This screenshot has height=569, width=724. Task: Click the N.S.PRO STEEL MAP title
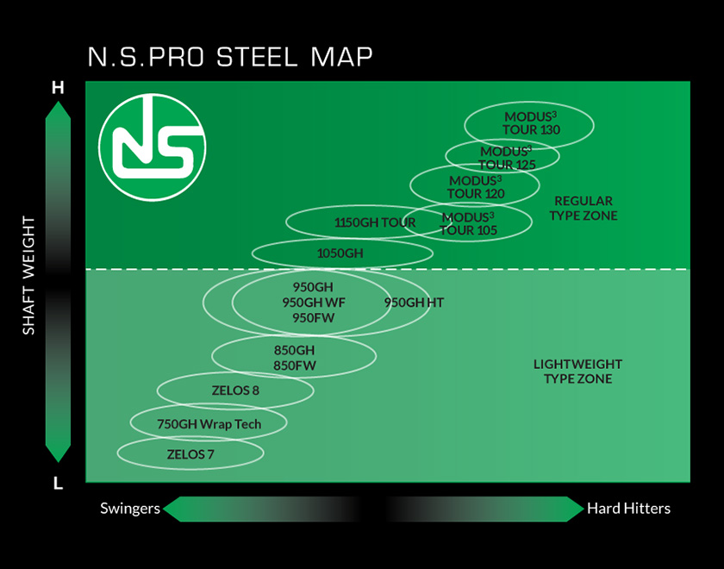coord(230,57)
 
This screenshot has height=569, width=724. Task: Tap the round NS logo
coord(153,147)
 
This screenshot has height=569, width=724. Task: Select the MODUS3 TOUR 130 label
coord(531,123)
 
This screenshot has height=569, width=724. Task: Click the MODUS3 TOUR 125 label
coord(507,158)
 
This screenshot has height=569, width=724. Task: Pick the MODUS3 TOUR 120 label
coord(475,187)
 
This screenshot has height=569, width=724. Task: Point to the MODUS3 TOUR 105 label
coord(468,223)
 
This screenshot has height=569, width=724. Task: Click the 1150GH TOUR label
coord(374,222)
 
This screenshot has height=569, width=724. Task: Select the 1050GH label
coord(340,253)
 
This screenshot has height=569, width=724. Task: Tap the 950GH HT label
coord(414,303)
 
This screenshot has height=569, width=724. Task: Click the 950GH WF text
coord(313,303)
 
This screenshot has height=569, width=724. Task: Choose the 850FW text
coord(295,366)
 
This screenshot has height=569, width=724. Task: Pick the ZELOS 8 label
coord(235,391)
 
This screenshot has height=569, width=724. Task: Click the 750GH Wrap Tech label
coord(209,423)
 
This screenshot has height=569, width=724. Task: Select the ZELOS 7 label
coord(190,453)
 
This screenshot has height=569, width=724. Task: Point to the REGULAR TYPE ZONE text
coord(584,208)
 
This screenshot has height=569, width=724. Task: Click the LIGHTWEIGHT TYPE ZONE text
coord(577,372)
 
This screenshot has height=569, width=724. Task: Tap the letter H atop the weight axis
coord(58,88)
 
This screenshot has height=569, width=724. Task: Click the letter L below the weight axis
coord(58,484)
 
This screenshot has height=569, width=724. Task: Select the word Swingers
coord(130,509)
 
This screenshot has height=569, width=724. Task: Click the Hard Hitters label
coord(628,509)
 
